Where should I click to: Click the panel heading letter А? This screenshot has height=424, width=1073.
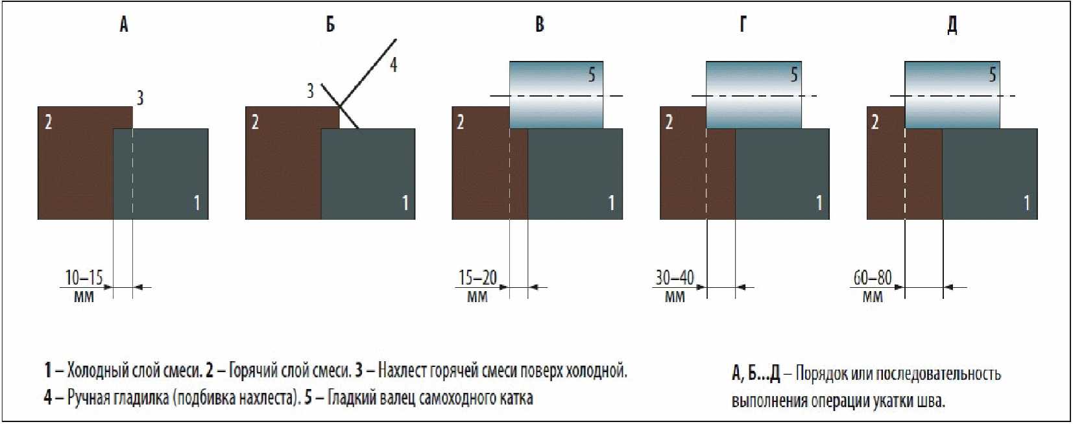(124, 25)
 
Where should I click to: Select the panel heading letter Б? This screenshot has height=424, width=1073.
(330, 25)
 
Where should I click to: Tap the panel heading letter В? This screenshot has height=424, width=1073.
(539, 25)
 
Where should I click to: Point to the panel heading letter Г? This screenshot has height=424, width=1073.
(743, 25)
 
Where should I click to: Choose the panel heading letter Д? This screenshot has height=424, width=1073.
(952, 25)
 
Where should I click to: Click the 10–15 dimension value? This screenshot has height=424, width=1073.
(84, 278)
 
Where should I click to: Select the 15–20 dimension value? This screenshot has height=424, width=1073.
(477, 278)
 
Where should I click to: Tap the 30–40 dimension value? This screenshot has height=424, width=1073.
(675, 278)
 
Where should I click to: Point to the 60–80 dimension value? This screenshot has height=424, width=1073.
(873, 278)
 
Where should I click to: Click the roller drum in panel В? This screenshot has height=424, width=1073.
(556, 95)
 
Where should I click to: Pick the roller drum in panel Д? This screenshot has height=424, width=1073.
(952, 95)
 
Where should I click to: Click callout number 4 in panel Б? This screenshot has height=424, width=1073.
(393, 65)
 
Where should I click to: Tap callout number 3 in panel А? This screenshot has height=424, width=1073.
(139, 98)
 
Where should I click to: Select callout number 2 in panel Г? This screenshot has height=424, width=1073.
(669, 122)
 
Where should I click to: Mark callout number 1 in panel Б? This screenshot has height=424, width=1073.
(405, 203)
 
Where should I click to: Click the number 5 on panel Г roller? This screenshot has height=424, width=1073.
(793, 75)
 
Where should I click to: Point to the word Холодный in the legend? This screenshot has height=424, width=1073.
(98, 371)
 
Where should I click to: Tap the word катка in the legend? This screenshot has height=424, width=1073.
(515, 397)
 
